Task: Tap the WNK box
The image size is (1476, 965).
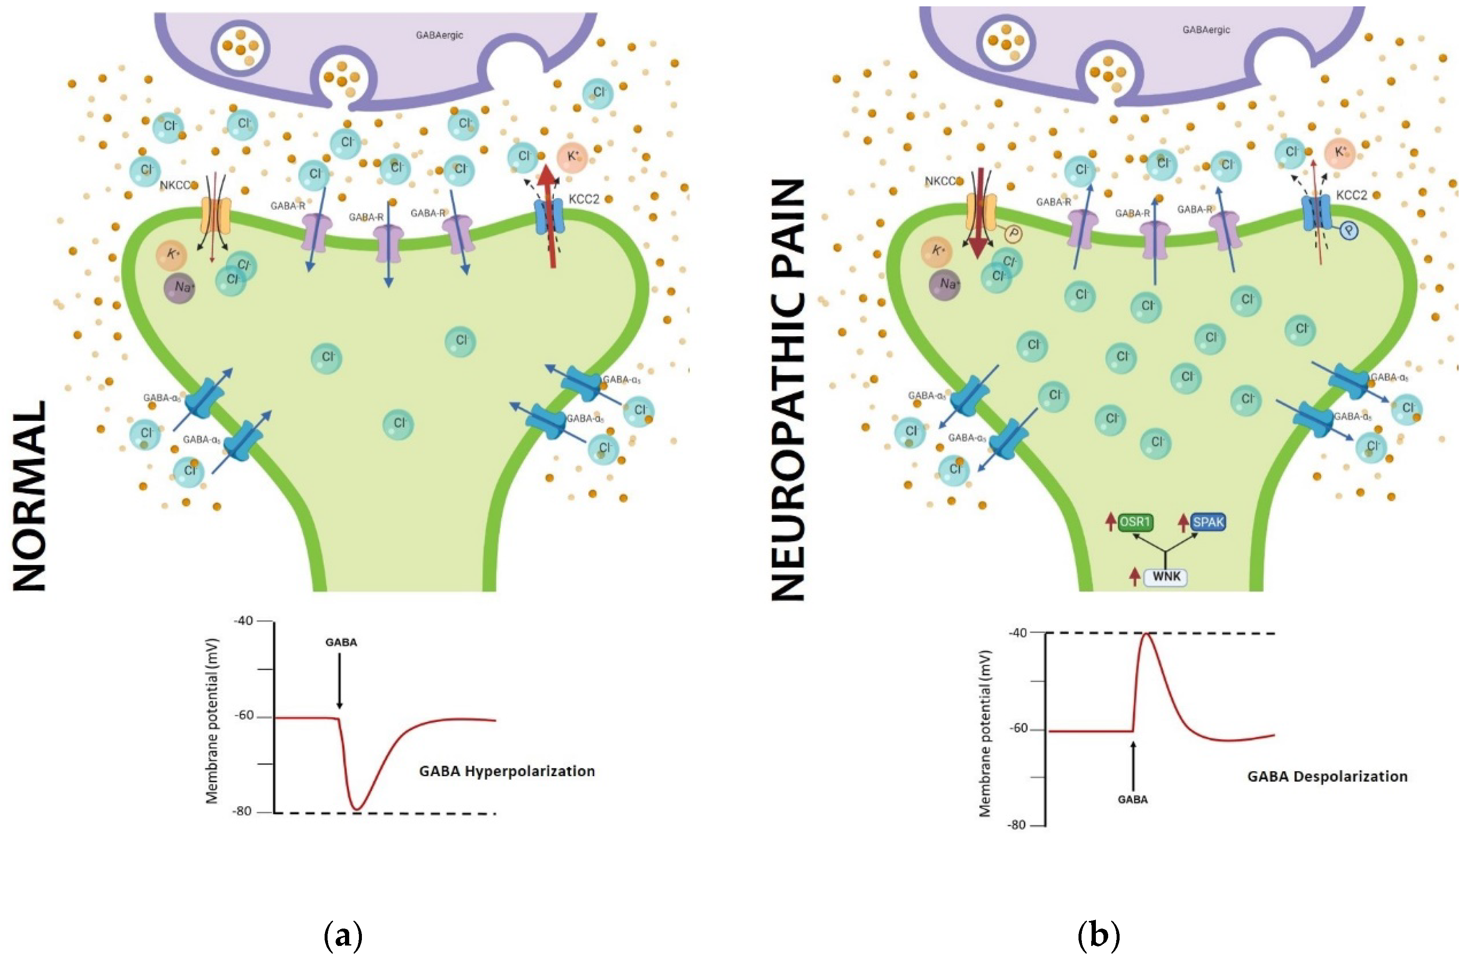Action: [1166, 577]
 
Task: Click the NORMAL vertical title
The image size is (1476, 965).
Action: [30, 496]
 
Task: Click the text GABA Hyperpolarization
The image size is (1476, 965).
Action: [507, 771]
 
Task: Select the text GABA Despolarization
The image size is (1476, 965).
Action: [1327, 776]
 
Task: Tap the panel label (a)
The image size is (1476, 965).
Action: [343, 935]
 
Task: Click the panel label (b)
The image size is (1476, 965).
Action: [1099, 935]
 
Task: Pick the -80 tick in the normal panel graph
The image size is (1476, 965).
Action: [244, 811]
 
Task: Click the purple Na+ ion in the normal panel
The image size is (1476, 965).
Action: [180, 288]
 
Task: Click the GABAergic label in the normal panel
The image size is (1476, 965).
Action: [439, 35]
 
